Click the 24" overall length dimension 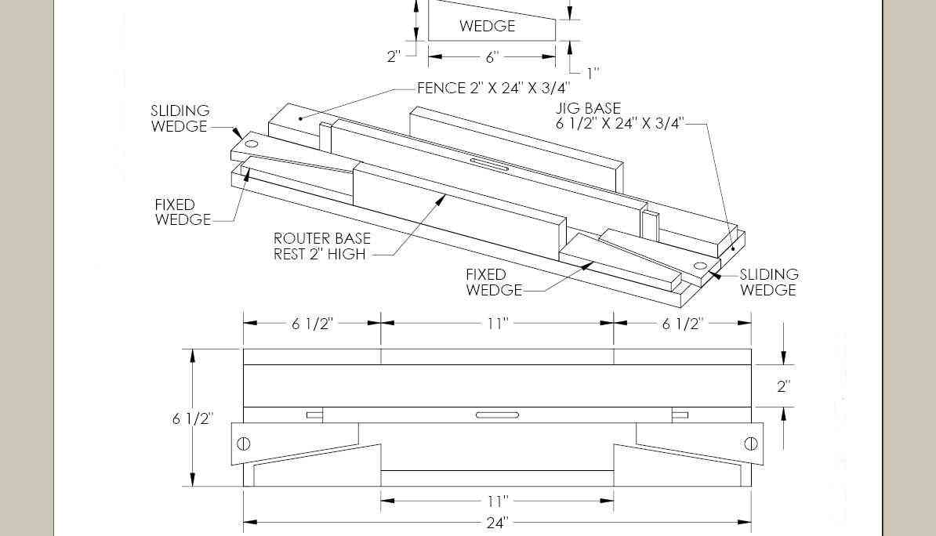496,523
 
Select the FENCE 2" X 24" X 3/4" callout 493,89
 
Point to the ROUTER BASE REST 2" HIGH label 321,245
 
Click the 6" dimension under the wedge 492,57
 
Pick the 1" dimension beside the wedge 593,74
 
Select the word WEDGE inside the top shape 487,26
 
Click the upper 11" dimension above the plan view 497,323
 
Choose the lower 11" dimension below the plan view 497,501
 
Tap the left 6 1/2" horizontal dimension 312,324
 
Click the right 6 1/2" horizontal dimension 682,324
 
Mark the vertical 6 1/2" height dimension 192,418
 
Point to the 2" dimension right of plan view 783,386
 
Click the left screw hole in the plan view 243,444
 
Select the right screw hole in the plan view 750,444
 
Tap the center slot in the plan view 497,415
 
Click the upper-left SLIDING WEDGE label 180,118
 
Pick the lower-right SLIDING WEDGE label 768,282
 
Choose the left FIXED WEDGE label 183,212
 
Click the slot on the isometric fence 489,164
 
